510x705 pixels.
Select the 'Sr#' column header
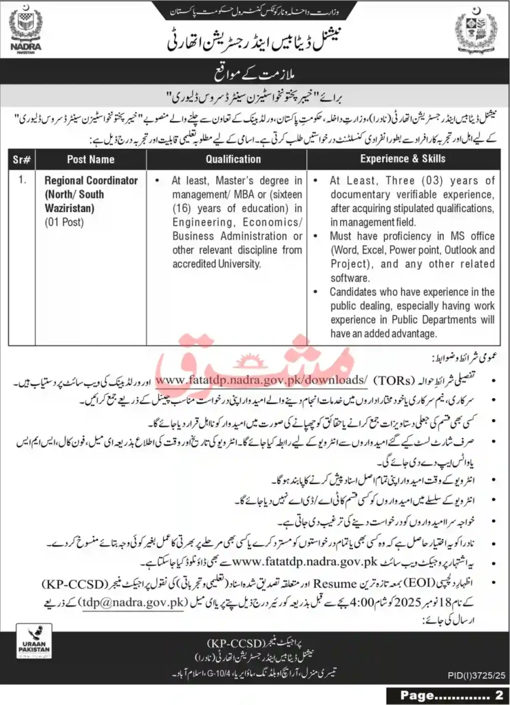coord(22,158)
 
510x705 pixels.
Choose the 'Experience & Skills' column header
coord(403,158)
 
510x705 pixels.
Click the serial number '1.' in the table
coord(23,180)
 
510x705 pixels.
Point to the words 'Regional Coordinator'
coord(92,180)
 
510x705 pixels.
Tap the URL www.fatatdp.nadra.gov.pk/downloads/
coord(261,379)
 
